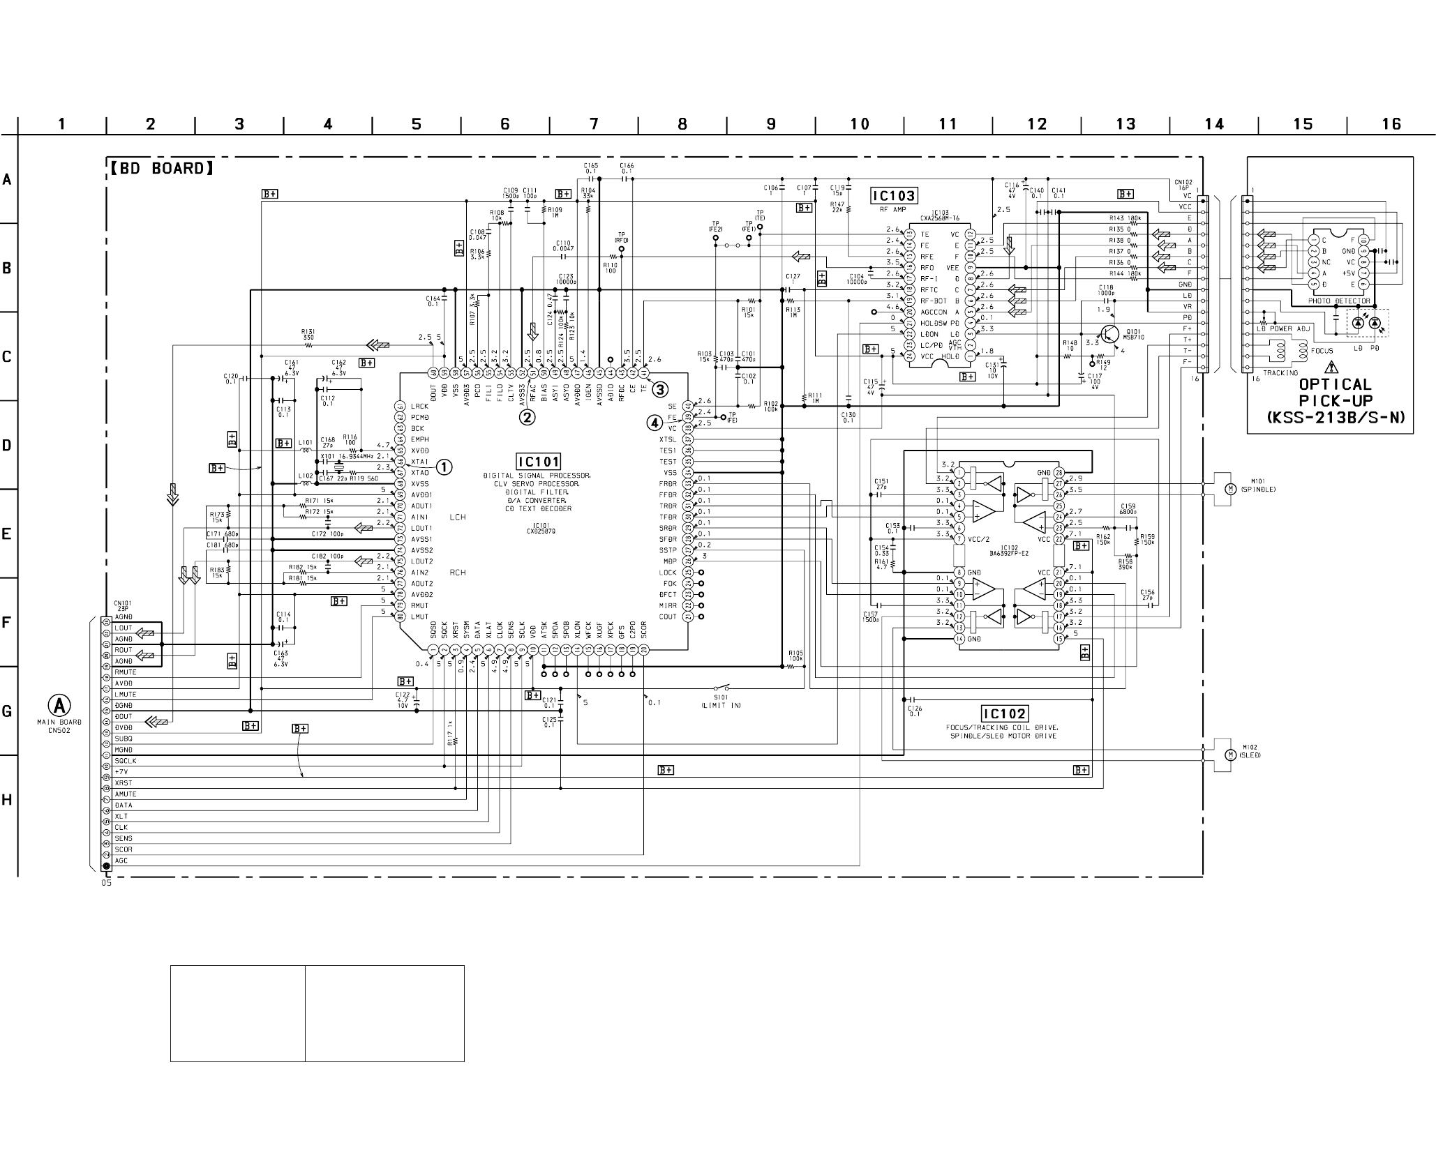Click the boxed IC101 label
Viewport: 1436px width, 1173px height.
coord(538,461)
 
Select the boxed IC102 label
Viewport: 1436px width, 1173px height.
coord(1004,713)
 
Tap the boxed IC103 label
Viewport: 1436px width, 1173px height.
coord(893,196)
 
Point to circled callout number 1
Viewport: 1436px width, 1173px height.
coord(444,467)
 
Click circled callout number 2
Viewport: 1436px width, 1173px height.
coord(527,417)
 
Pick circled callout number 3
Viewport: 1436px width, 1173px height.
coord(659,389)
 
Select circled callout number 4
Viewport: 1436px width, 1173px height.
coord(654,422)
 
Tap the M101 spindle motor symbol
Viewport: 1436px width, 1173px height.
coord(1231,489)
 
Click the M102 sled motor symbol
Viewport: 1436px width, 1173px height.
coord(1231,755)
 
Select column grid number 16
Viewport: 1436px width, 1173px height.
coord(1391,124)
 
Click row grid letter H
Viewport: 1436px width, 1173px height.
coord(8,800)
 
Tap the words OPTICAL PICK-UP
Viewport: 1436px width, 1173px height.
coord(1336,393)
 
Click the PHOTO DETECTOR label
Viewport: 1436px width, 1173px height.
coord(1339,301)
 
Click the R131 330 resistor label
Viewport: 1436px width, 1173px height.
coord(308,335)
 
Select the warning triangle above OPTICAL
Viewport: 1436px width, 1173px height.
coord(1332,367)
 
